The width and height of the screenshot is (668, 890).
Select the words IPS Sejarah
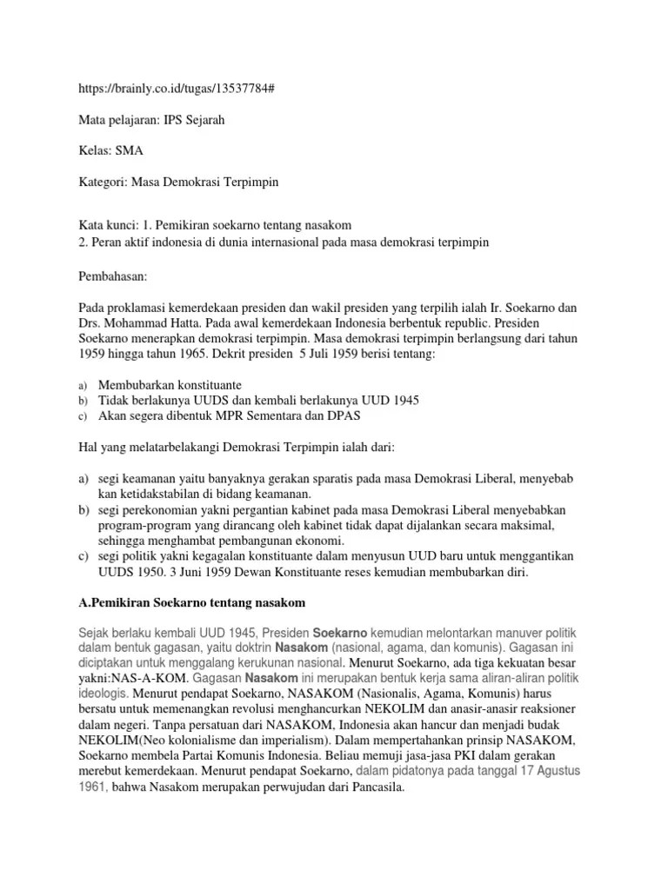(194, 120)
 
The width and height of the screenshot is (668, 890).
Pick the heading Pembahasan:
(113, 276)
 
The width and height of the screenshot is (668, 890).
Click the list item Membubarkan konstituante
(170, 384)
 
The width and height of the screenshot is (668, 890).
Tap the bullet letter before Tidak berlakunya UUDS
(83, 401)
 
